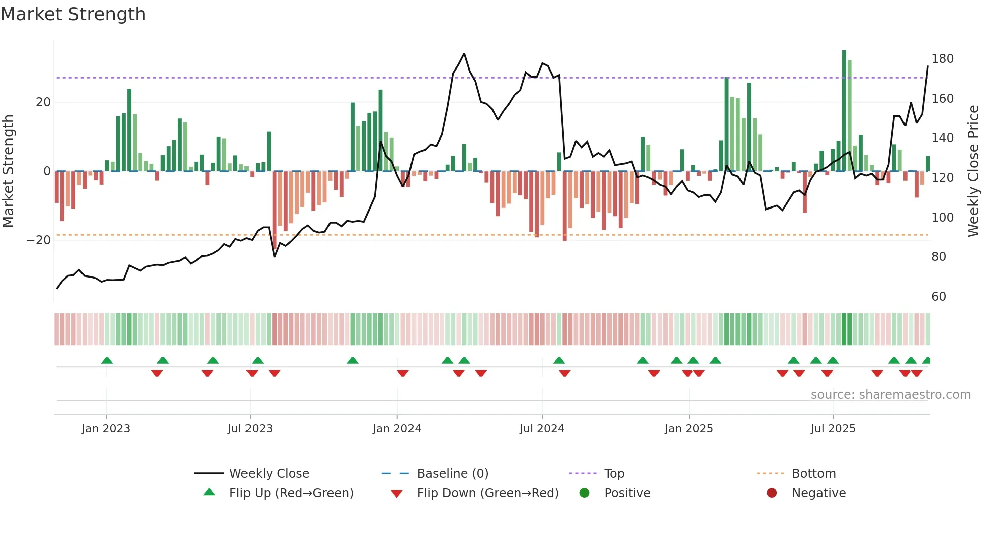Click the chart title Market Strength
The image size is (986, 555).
pyautogui.click(x=73, y=14)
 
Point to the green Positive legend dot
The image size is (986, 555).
pyautogui.click(x=584, y=493)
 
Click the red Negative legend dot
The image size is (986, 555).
pyautogui.click(x=772, y=493)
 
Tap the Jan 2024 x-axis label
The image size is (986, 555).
pyautogui.click(x=396, y=428)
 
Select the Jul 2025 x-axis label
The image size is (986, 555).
pyautogui.click(x=833, y=428)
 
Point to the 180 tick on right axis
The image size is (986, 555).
pyautogui.click(x=942, y=59)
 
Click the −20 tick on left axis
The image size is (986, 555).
pyautogui.click(x=39, y=240)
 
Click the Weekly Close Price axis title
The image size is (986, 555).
pyautogui.click(x=973, y=171)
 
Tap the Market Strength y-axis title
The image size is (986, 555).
pyautogui.click(x=9, y=171)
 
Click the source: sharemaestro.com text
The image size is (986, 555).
pyautogui.click(x=890, y=394)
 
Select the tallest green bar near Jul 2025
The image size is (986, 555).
pyautogui.click(x=844, y=111)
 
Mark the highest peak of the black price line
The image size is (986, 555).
pyautogui.click(x=464, y=54)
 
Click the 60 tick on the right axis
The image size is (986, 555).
pyautogui.click(x=939, y=296)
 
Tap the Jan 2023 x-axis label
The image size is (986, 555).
pyautogui.click(x=106, y=428)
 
